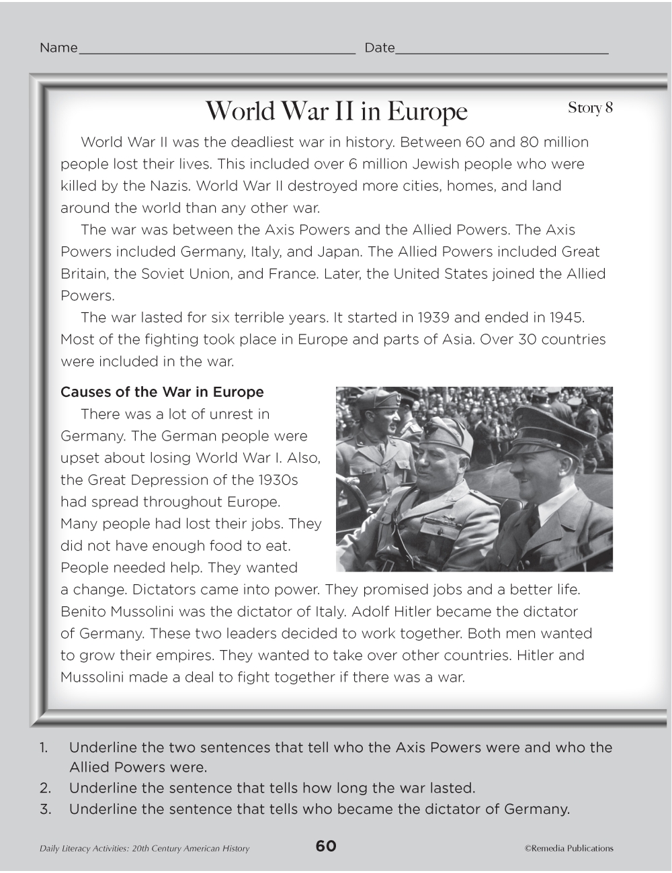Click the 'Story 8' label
tap(590, 107)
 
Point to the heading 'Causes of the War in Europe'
tap(162, 392)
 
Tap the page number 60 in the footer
tap(326, 846)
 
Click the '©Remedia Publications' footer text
tap(569, 848)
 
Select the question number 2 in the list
tap(45, 788)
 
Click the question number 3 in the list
tap(45, 809)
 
